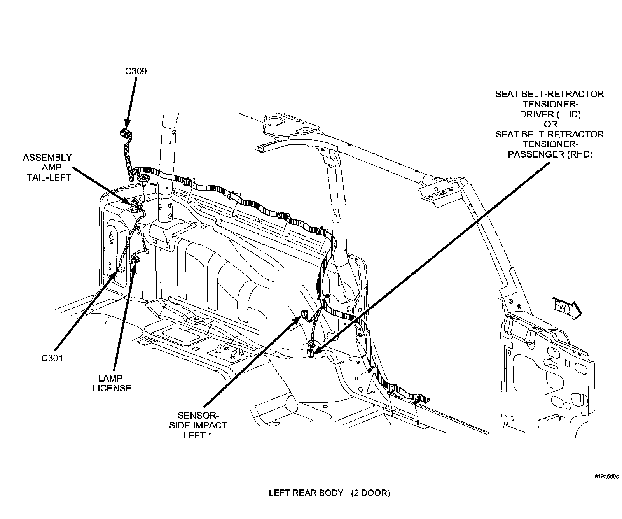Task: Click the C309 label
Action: tap(136, 71)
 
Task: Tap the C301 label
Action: tap(52, 358)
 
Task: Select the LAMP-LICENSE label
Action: tap(112, 383)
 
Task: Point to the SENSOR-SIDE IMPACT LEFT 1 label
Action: tap(197, 425)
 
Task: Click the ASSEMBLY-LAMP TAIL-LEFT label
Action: tap(47, 167)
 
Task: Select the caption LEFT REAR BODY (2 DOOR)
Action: tap(329, 493)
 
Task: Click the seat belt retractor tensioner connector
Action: tap(311, 352)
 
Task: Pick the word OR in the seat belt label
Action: tap(550, 124)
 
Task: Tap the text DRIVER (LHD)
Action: tap(550, 114)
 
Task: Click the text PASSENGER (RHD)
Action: tap(550, 154)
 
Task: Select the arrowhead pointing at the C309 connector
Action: tap(127, 124)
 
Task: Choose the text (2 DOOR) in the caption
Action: tap(370, 493)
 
